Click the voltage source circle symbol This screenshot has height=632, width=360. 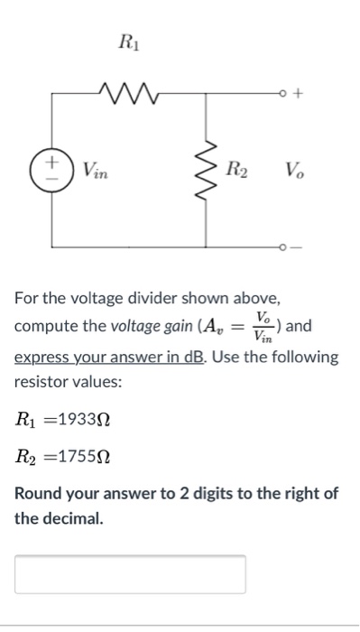(x=51, y=169)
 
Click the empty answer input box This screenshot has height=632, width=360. (x=130, y=574)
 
